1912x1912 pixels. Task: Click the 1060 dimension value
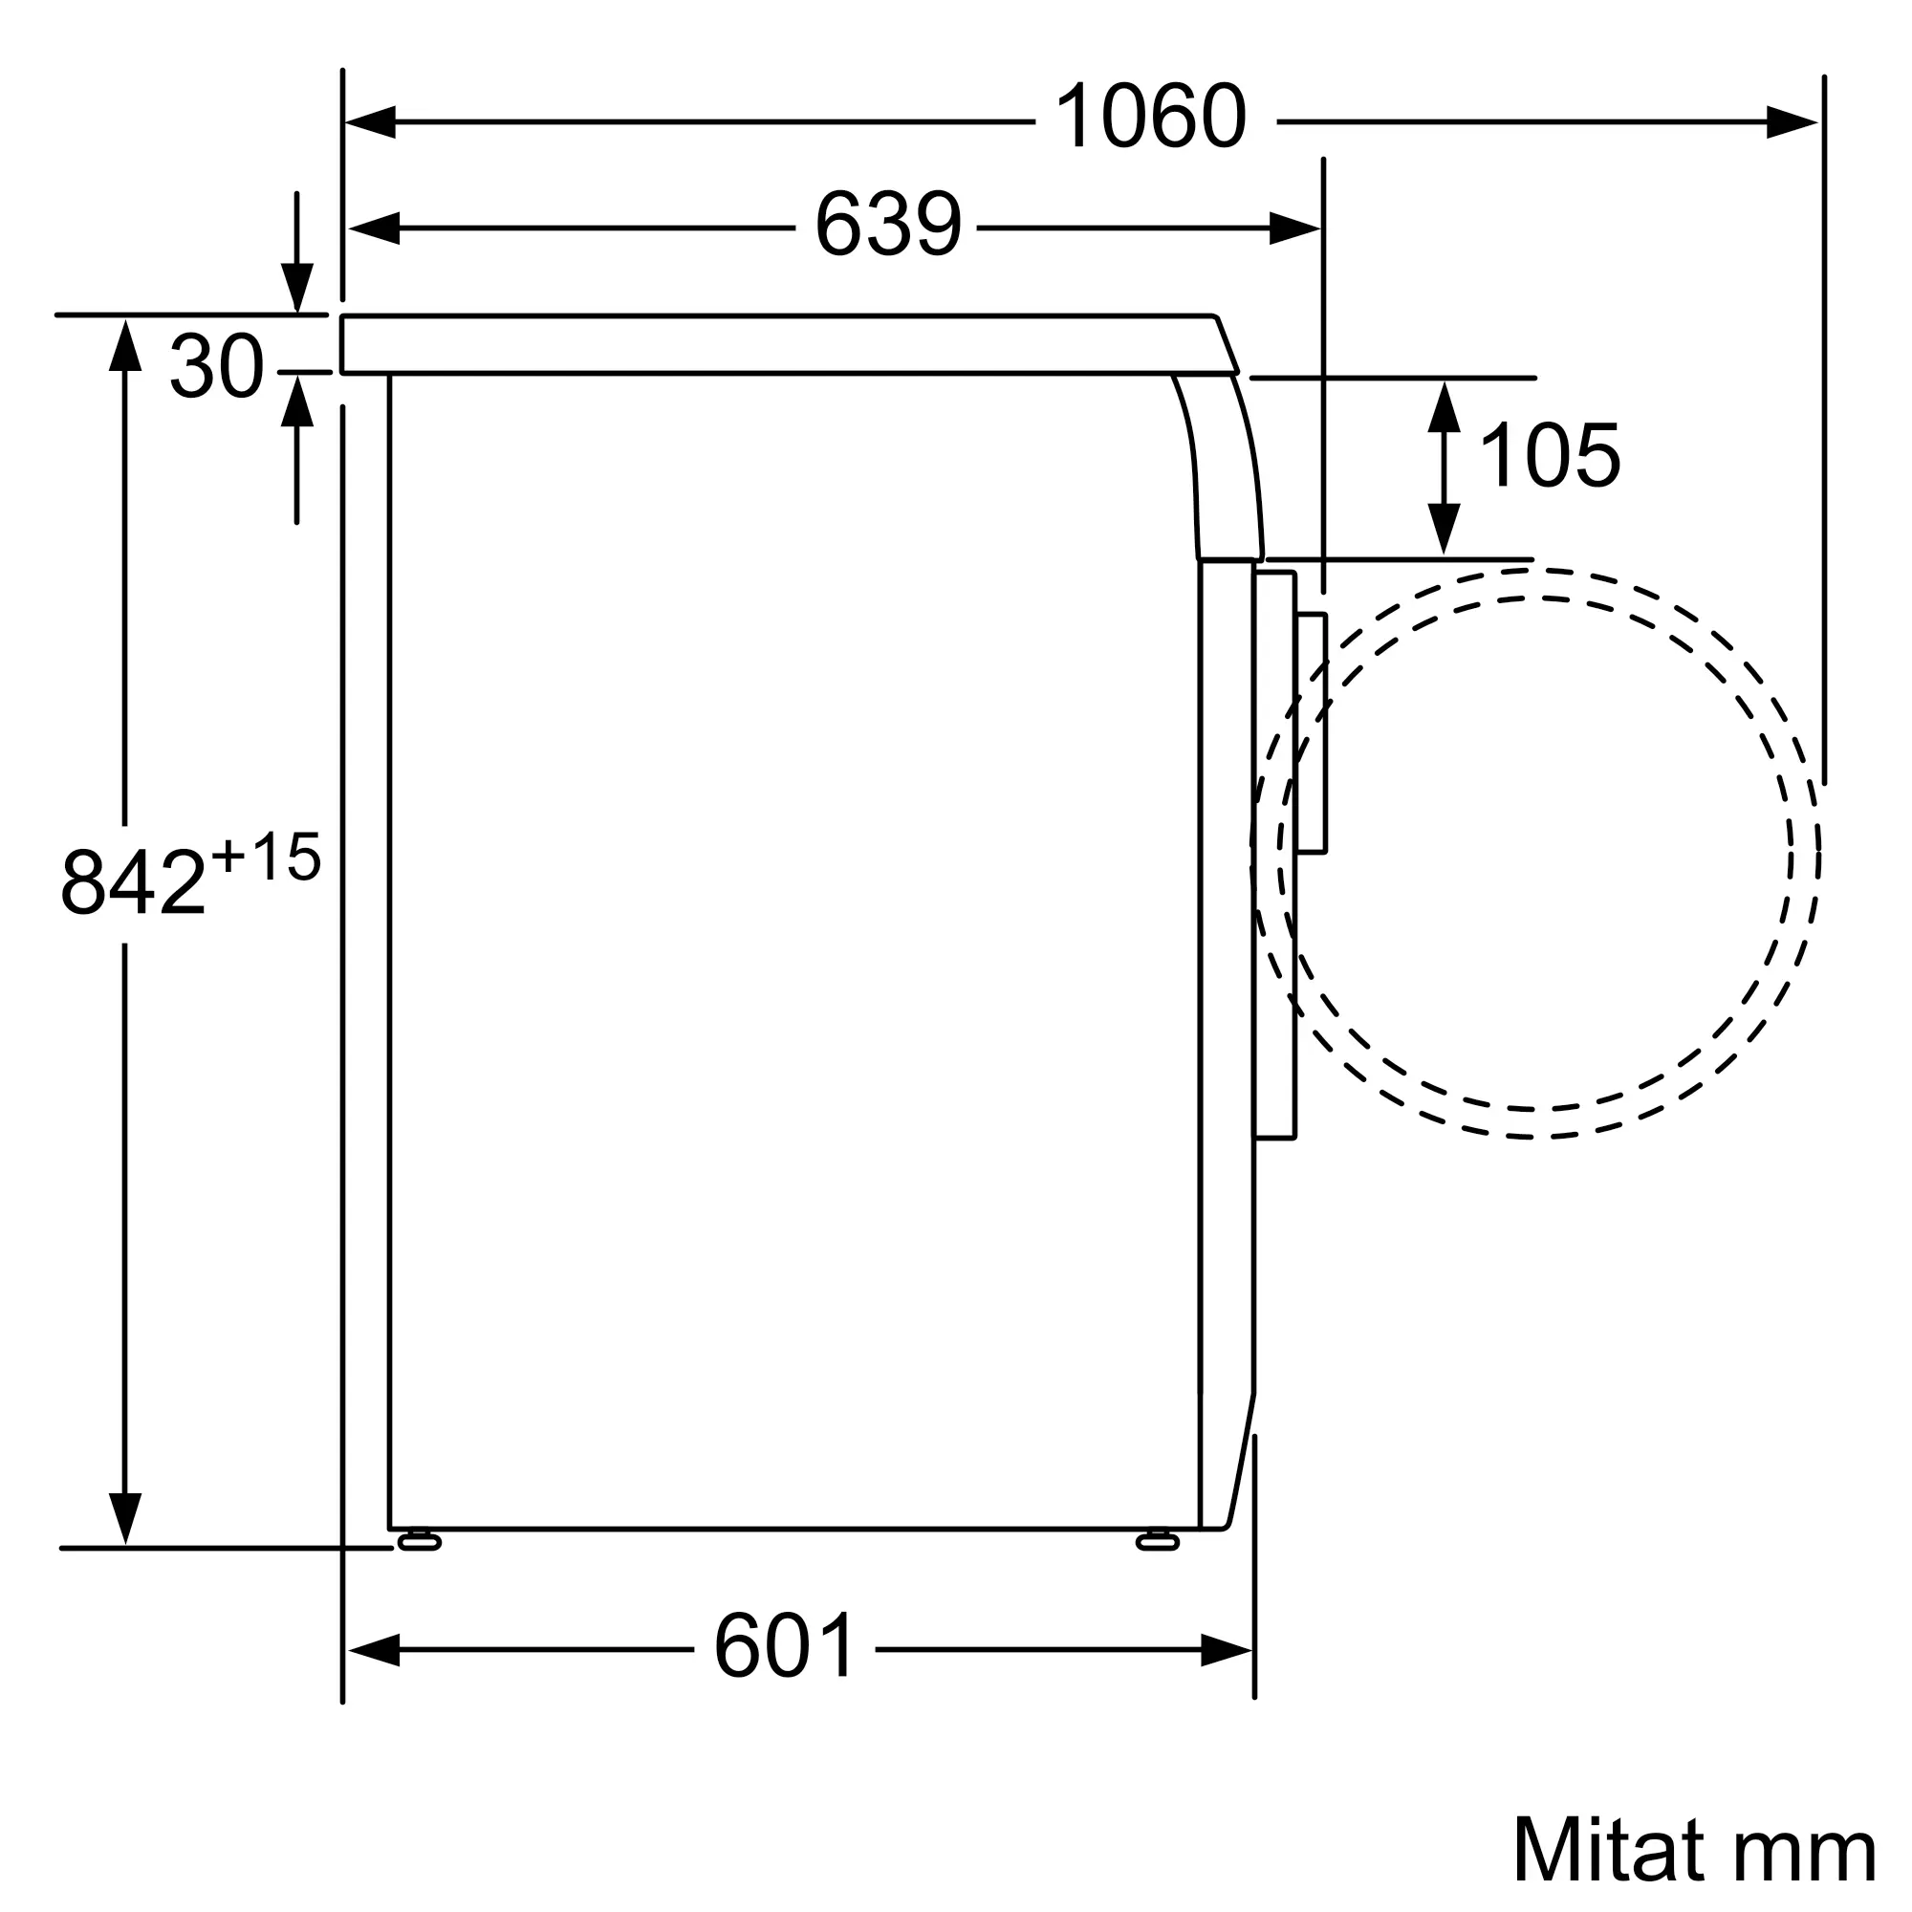coord(1151,117)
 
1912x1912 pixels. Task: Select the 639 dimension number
coord(888,224)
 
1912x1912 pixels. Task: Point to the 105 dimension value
coord(1549,455)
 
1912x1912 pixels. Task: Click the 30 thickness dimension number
coord(217,366)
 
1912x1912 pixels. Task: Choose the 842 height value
coord(133,881)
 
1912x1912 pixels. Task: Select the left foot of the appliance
coord(419,1540)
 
